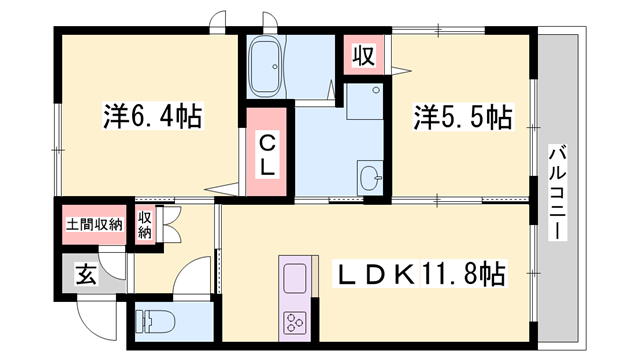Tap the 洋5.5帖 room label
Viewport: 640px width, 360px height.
(x=463, y=119)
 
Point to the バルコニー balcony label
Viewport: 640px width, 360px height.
(x=558, y=191)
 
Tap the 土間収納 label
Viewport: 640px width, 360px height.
(x=94, y=223)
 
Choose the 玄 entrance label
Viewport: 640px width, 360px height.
(x=86, y=272)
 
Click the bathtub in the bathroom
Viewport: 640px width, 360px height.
(x=268, y=58)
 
